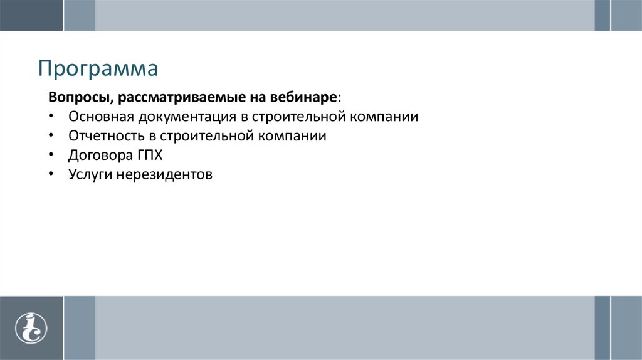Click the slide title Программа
98,68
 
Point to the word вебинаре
304,98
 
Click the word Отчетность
103,136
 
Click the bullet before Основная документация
51,117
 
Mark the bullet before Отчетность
51,136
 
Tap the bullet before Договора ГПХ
51,155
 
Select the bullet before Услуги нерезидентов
51,174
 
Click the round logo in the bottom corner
31,328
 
